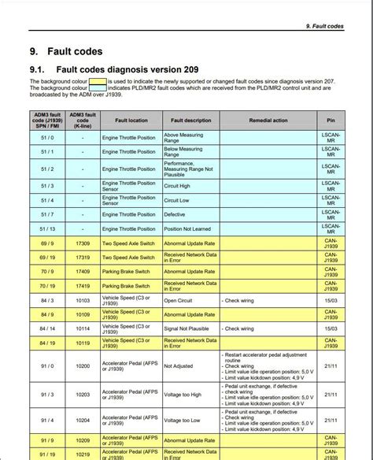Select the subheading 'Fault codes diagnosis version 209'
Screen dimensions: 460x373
coord(127,70)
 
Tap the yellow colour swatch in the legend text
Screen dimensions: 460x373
coord(97,81)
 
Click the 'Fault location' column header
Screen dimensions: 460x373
coord(131,121)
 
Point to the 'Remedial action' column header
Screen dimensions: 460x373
coord(268,121)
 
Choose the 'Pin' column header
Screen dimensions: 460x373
coord(331,121)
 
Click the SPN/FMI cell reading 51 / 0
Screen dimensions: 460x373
coord(47,137)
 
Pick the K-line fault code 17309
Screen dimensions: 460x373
coord(83,244)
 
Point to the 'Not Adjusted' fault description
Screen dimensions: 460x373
coord(178,366)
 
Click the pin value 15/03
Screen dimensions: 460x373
coord(331,300)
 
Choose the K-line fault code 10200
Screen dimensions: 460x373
coord(83,366)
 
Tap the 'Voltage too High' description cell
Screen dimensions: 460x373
coord(183,394)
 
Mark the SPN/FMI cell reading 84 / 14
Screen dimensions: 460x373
coord(47,328)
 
